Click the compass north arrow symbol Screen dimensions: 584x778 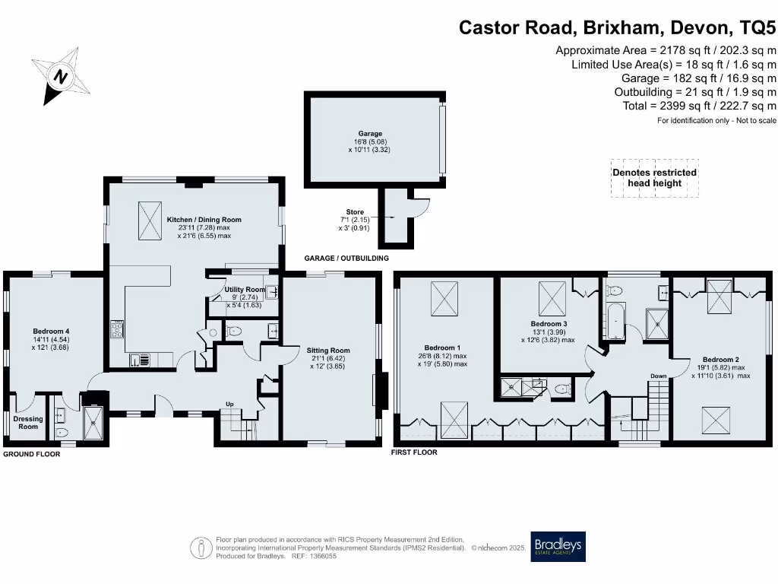tap(60, 75)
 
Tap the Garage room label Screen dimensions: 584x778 tap(371, 134)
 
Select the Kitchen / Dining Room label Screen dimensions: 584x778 tap(204, 220)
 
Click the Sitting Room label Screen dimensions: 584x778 tap(328, 351)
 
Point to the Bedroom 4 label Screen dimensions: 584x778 tap(51, 331)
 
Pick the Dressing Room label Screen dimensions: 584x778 tap(28, 423)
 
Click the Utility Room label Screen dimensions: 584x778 tap(245, 290)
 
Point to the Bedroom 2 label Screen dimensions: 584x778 tap(720, 360)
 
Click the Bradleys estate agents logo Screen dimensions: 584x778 tap(558, 546)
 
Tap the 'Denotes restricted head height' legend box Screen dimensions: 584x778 tap(654, 178)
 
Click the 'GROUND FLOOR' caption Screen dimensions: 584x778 tap(31, 454)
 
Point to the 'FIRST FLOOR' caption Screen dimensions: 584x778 tap(413, 452)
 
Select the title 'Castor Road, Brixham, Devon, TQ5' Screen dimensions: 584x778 tap(617, 28)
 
